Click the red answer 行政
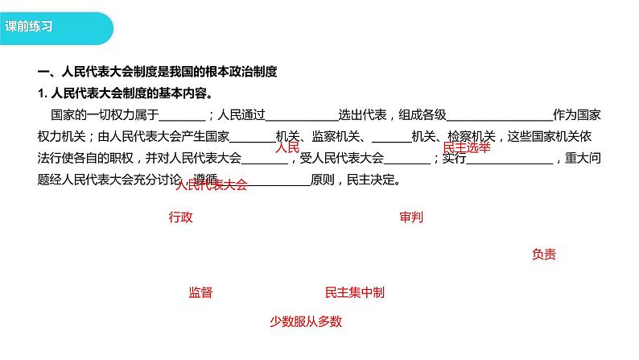tap(181, 217)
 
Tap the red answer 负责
tap(543, 254)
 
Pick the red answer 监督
tap(200, 292)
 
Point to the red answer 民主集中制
tap(354, 292)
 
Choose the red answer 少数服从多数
tap(306, 321)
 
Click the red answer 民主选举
tap(467, 147)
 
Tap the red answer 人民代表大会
tap(211, 184)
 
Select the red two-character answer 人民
tap(287, 148)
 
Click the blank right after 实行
tap(509, 159)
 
